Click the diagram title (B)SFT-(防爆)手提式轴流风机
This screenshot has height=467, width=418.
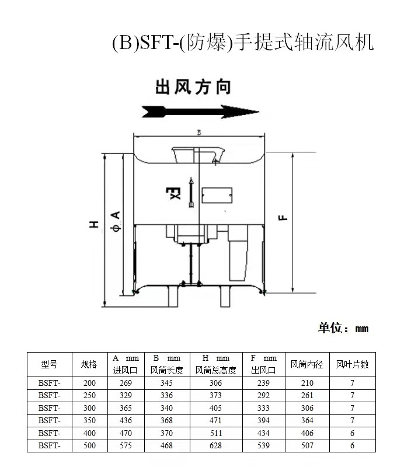point(242,43)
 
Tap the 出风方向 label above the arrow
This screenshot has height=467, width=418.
point(193,88)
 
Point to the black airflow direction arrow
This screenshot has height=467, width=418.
point(200,111)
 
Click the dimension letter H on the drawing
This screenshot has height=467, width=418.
point(94,224)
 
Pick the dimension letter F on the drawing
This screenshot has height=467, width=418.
point(283,217)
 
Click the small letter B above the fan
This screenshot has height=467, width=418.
point(198,133)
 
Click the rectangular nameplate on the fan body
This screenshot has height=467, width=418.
point(217,196)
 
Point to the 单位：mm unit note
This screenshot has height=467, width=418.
point(343,328)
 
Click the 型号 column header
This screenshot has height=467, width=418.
point(50,365)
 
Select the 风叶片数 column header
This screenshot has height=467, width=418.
point(352,365)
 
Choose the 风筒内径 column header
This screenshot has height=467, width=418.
point(306,365)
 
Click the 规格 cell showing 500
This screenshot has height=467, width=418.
point(89,446)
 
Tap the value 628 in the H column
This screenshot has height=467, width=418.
point(215,446)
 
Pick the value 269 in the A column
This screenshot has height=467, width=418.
point(126,383)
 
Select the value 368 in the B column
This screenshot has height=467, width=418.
point(166,421)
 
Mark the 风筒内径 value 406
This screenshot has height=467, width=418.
point(306,433)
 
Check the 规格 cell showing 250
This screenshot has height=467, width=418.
point(89,395)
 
